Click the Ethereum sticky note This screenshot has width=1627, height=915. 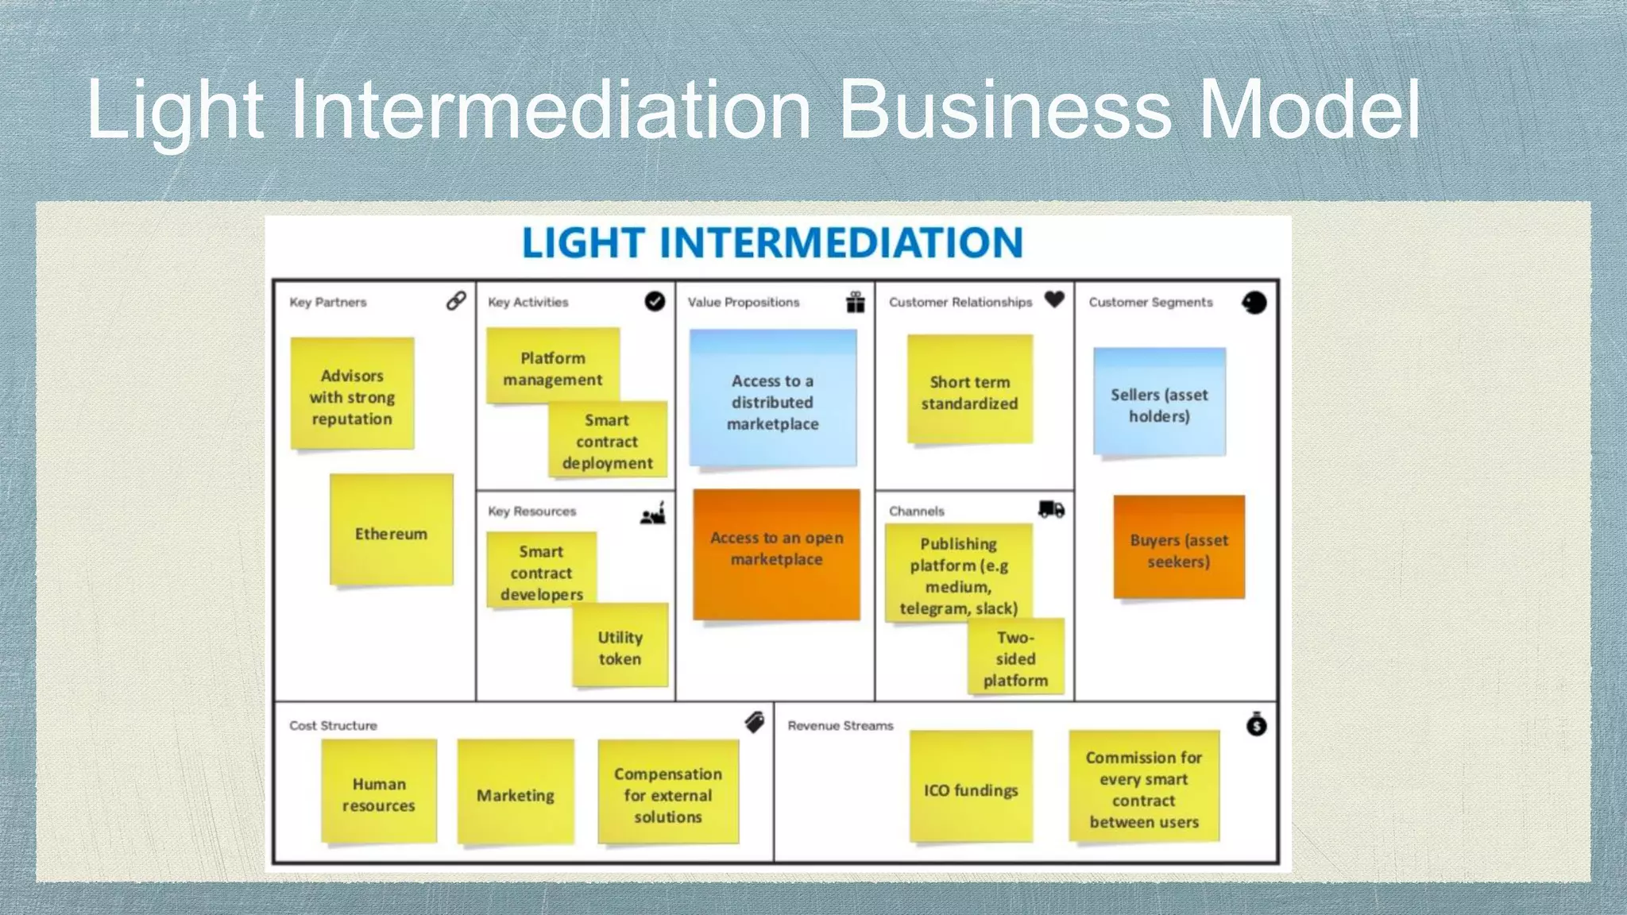(392, 531)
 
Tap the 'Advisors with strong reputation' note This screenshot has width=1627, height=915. (352, 395)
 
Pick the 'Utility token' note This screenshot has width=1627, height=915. (620, 647)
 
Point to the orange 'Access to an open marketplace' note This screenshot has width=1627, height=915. (777, 553)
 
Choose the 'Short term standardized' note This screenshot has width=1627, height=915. (970, 390)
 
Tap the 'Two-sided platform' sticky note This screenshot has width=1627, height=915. (1016, 658)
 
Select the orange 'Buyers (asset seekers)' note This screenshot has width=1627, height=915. (1179, 548)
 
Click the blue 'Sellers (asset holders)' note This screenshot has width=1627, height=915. (1159, 403)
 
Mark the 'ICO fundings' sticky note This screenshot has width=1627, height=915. (971, 788)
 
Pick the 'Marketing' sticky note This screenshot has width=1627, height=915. (516, 793)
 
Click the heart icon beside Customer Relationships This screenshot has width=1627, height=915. (1054, 299)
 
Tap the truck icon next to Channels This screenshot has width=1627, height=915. (1051, 509)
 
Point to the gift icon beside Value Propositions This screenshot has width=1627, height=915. (855, 302)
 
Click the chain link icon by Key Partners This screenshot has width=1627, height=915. (456, 301)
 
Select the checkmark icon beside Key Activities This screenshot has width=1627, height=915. (655, 302)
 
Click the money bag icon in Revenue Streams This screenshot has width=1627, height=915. (1256, 724)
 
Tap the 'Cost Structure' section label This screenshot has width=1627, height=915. (333, 725)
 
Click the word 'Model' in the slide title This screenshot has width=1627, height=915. (1308, 110)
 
